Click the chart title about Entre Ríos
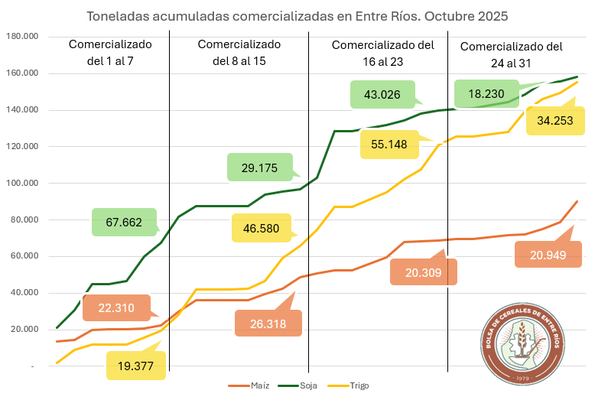click(297, 15)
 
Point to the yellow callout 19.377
click(136, 366)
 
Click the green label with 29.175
click(259, 167)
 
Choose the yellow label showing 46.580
click(262, 228)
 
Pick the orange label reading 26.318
click(268, 323)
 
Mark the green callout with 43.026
click(382, 94)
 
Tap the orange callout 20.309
click(424, 272)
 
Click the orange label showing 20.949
click(548, 253)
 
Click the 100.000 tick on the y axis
click(22, 184)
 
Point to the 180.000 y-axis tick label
click(22, 37)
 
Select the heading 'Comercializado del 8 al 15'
click(239, 52)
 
